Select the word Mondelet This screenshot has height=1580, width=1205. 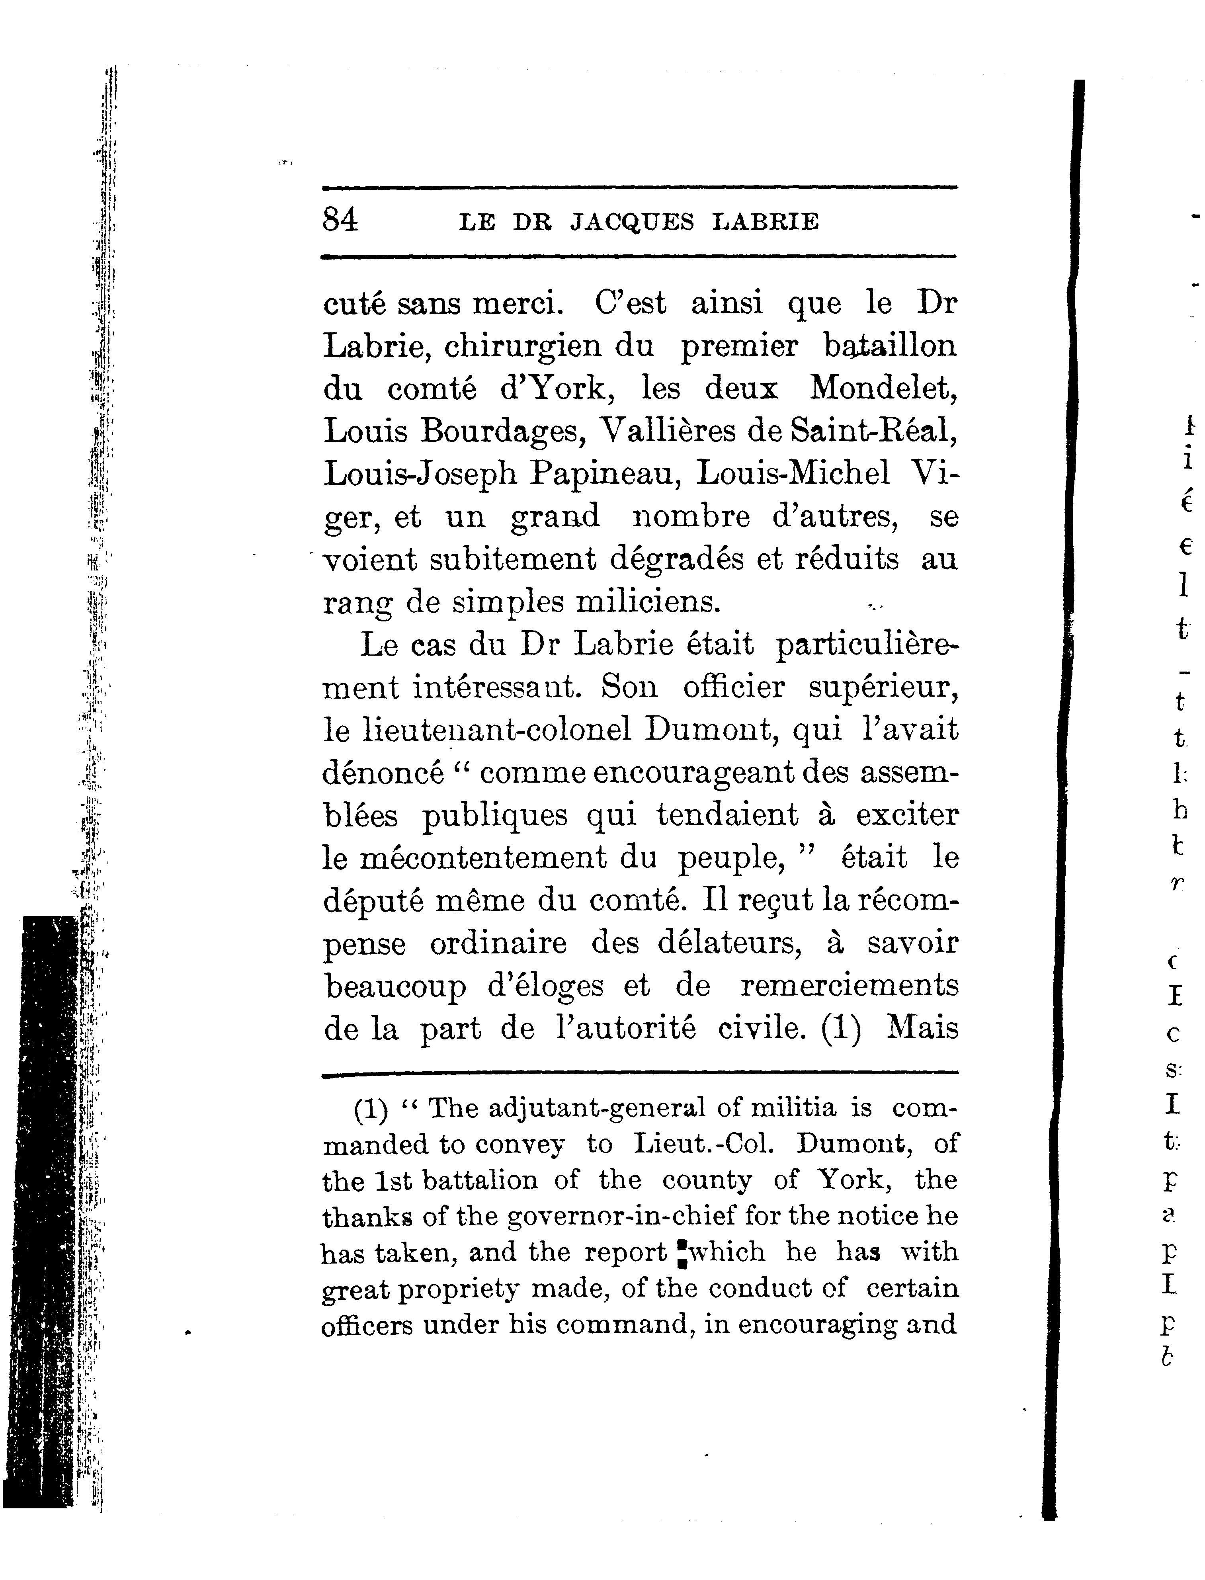(x=884, y=389)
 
